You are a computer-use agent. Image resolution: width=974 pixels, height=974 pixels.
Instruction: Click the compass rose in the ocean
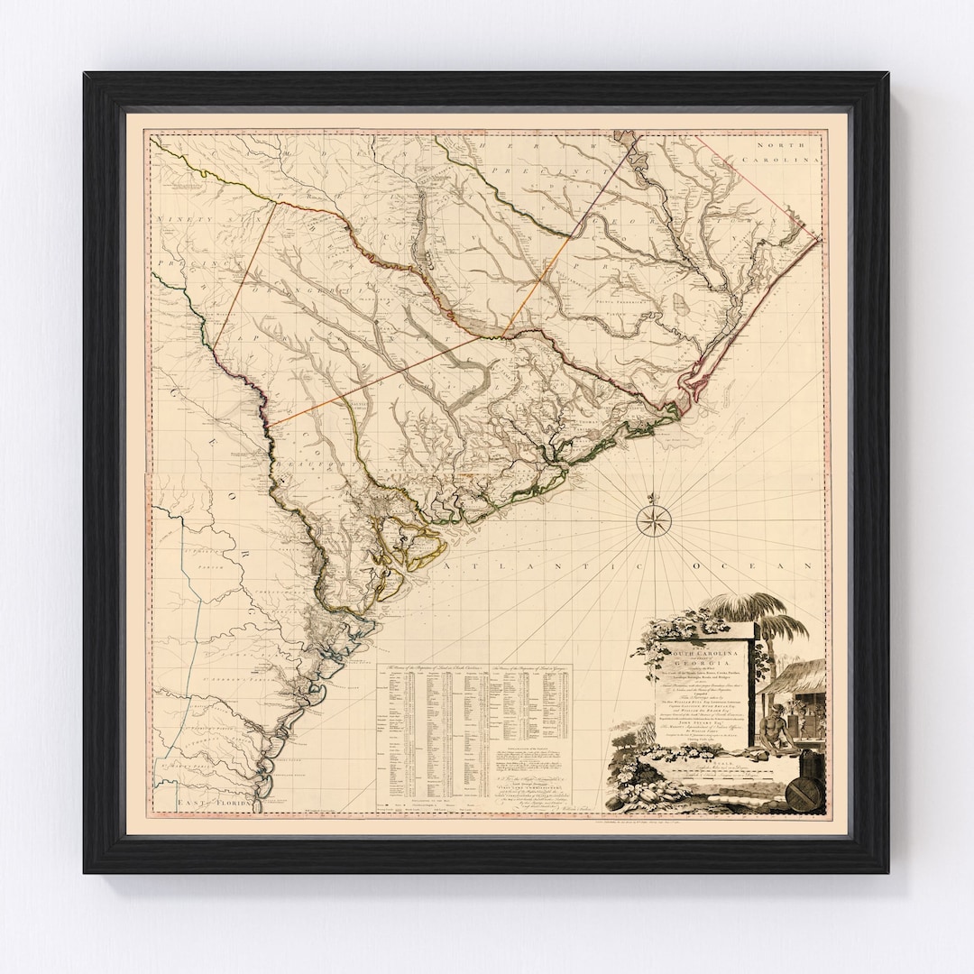tap(651, 521)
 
